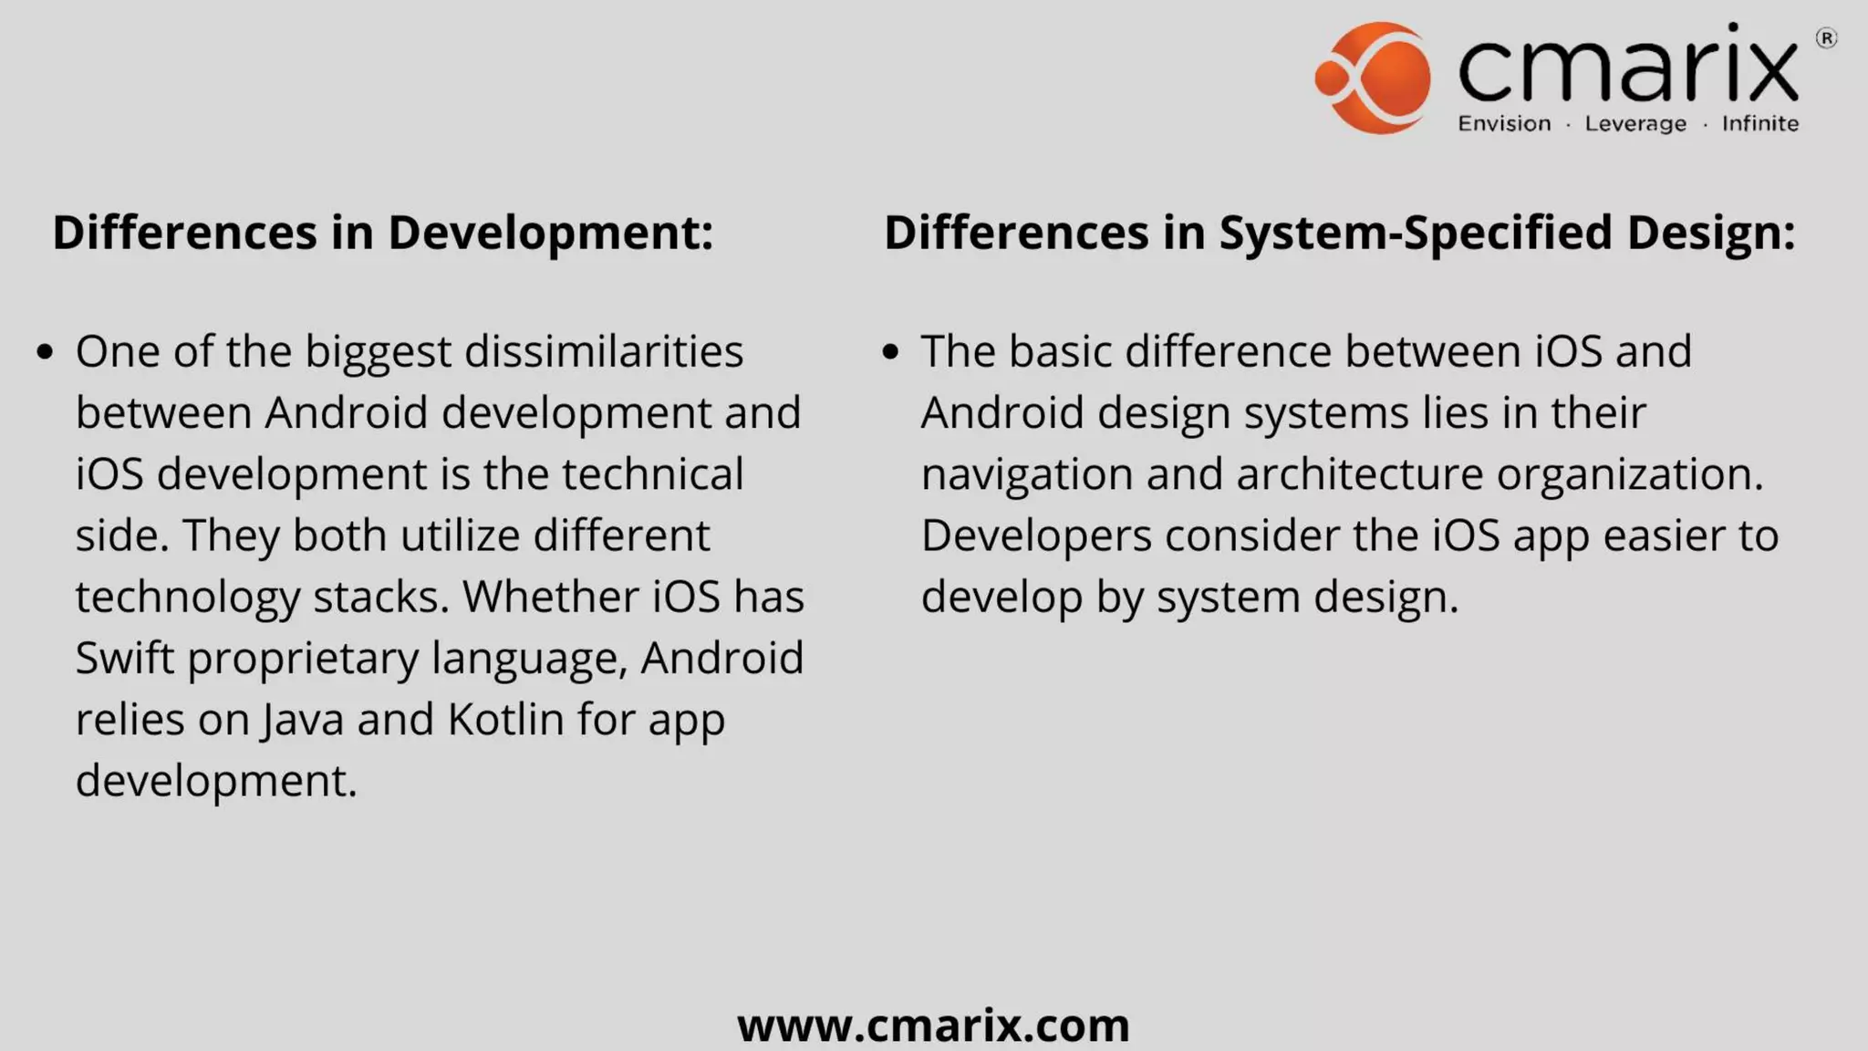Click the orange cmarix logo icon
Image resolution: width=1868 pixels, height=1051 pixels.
click(x=1373, y=78)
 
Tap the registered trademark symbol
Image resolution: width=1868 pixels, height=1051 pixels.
click(x=1826, y=38)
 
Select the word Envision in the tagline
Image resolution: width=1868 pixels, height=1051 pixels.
click(x=1504, y=123)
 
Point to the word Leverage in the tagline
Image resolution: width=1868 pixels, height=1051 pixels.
click(x=1635, y=124)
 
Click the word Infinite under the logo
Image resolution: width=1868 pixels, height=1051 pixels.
click(x=1759, y=123)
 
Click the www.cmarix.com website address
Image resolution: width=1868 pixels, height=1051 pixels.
click(x=933, y=1025)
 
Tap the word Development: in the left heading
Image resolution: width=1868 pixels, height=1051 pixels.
click(x=550, y=233)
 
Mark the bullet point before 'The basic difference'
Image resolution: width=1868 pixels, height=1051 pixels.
click(x=891, y=351)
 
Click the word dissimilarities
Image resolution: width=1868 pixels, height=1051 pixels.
click(x=604, y=351)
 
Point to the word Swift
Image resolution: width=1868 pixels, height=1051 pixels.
click(x=125, y=658)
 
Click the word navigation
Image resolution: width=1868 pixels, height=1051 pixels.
click(x=1026, y=474)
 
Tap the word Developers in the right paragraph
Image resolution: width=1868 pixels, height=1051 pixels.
click(x=1036, y=536)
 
